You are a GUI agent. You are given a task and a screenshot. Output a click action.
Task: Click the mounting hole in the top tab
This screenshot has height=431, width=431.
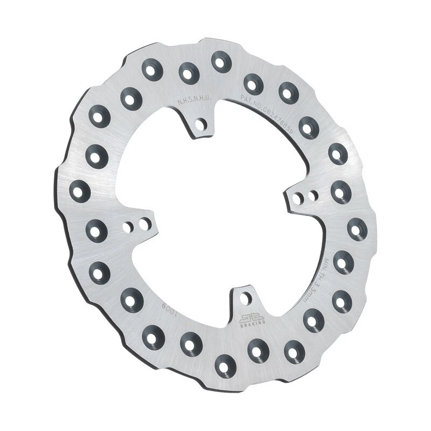click(201, 125)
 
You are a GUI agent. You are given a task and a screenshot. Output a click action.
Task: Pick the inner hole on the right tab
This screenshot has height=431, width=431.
click(297, 198)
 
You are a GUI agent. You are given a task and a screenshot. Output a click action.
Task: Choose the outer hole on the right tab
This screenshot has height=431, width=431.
click(312, 196)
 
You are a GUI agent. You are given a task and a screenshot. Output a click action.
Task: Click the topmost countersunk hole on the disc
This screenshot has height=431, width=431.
click(220, 61)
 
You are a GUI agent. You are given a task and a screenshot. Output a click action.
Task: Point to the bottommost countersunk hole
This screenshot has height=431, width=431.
click(225, 366)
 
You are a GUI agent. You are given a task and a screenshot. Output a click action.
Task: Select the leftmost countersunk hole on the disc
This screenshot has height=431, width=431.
click(80, 191)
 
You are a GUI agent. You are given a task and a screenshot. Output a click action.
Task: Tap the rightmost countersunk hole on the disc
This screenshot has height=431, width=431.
click(357, 229)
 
